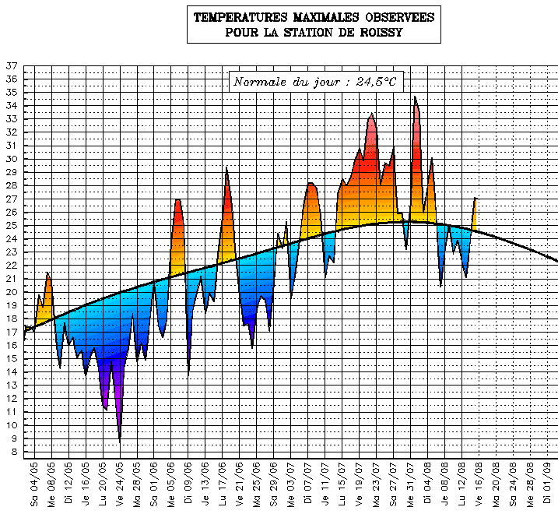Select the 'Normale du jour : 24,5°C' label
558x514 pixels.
click(318, 82)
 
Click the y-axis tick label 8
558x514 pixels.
click(13, 452)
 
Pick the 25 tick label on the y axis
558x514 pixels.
click(11, 226)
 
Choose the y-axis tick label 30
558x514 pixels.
click(11, 159)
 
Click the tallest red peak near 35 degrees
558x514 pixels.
click(416, 97)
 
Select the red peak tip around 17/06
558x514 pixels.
click(226, 167)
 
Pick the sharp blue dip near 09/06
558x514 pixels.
click(188, 376)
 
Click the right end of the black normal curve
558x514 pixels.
click(557, 261)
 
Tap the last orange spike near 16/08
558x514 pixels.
click(475, 199)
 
